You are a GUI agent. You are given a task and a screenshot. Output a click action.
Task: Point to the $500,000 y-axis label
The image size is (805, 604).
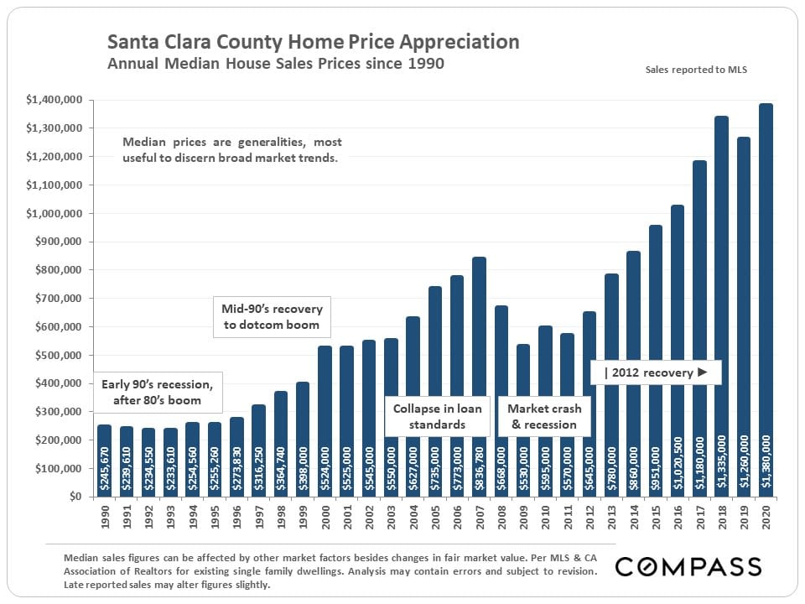click(55, 355)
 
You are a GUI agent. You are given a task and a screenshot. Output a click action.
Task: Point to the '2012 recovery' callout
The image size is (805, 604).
click(655, 372)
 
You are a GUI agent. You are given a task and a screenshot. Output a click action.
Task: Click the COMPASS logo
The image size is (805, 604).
click(688, 566)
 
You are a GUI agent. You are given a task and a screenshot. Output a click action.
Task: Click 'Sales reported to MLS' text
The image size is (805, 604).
click(696, 70)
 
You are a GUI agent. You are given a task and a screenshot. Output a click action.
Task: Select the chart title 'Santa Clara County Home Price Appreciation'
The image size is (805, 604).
click(313, 42)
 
